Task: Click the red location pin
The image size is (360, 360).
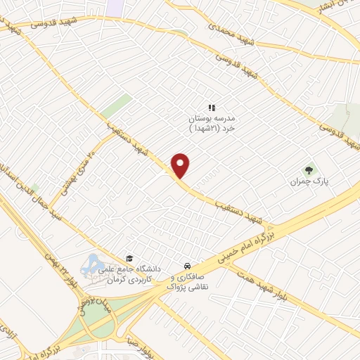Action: (181, 165)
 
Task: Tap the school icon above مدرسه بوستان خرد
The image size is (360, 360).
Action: (211, 107)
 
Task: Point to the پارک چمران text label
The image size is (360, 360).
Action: (310, 181)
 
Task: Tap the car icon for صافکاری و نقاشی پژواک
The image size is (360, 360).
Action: (187, 266)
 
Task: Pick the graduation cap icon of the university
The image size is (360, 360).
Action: (128, 258)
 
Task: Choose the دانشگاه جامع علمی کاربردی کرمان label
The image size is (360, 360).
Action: (134, 274)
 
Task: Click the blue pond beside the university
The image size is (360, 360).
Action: (94, 267)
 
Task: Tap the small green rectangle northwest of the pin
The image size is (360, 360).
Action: (116, 105)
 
